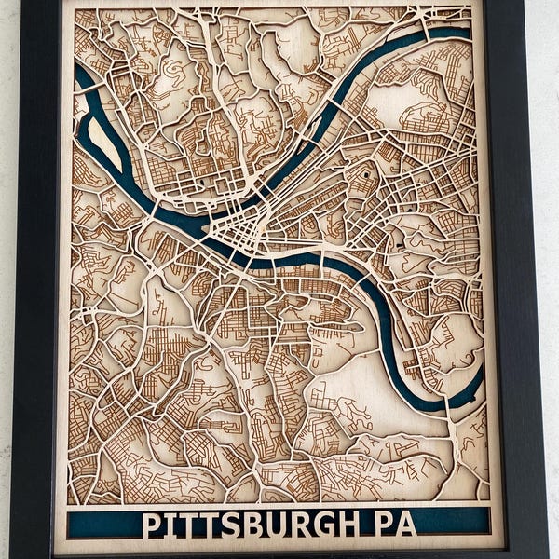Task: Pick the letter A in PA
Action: (x=407, y=524)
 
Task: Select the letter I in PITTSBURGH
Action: (x=167, y=524)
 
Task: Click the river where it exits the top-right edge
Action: (x=462, y=34)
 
